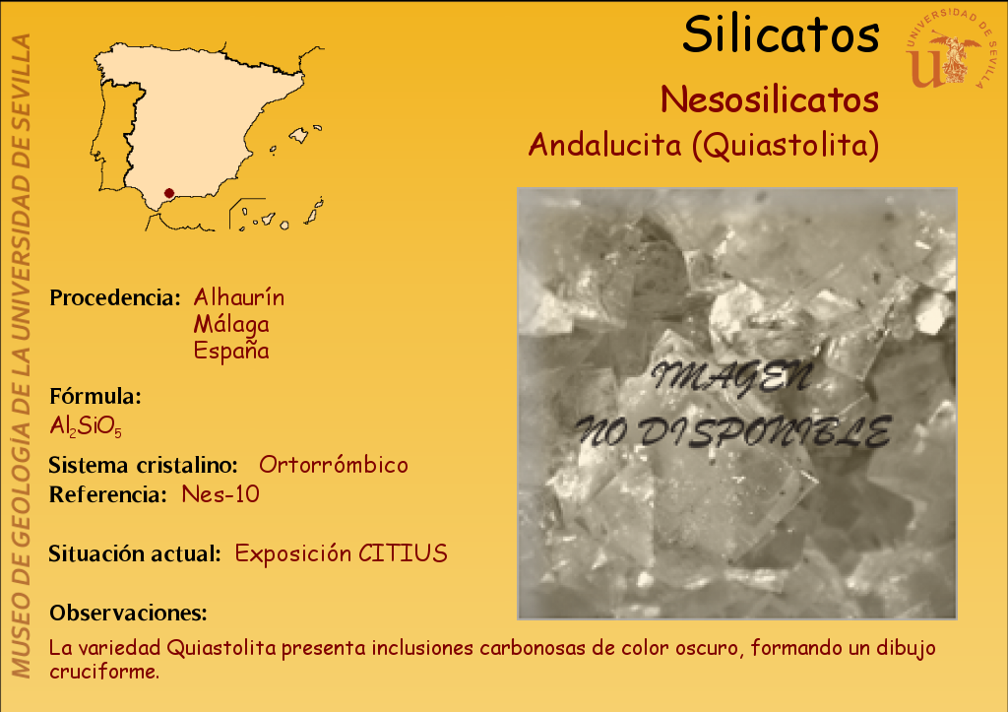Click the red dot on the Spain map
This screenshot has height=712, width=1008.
click(x=169, y=193)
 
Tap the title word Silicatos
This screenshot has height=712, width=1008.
click(x=781, y=34)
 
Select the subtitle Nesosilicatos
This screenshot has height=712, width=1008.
click(x=770, y=99)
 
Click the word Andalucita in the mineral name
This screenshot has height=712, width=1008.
click(x=604, y=144)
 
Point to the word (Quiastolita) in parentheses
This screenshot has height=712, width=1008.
click(x=786, y=146)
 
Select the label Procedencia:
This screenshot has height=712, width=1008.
click(x=115, y=297)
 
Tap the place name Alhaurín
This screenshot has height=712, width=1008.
click(x=238, y=297)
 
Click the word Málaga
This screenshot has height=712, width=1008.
click(x=231, y=324)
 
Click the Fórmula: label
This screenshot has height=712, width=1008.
click(x=95, y=396)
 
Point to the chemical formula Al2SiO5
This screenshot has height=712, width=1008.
click(x=86, y=425)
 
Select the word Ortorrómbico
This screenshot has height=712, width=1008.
click(x=334, y=465)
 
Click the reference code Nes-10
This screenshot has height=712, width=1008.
click(x=220, y=494)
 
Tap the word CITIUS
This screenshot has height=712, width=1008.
click(x=403, y=553)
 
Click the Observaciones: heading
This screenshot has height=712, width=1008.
click(x=129, y=613)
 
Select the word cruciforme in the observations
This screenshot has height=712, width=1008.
click(x=104, y=672)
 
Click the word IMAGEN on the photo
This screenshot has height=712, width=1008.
click(x=731, y=377)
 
